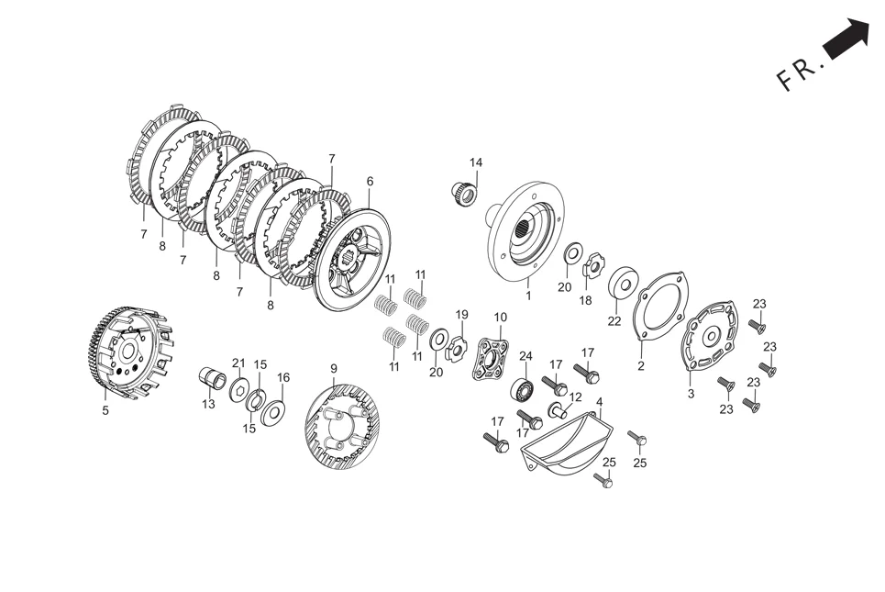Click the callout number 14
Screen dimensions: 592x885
click(x=476, y=163)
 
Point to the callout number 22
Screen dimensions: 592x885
click(x=614, y=321)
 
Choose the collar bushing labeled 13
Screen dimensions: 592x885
click(x=213, y=377)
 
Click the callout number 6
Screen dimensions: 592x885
click(x=370, y=182)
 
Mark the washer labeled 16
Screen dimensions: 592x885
click(x=272, y=412)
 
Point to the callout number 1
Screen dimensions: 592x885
click(x=528, y=296)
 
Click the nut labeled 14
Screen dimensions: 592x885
click(x=464, y=195)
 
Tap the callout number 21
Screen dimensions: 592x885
click(x=238, y=363)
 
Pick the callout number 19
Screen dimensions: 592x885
click(x=462, y=314)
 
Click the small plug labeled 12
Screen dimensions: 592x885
click(x=557, y=409)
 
